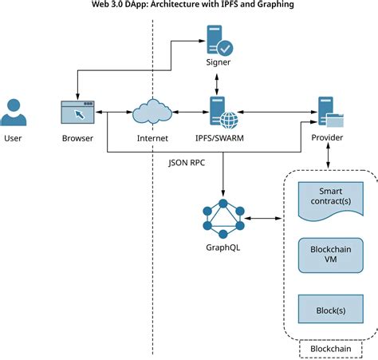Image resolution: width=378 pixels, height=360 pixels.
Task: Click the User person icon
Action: click(x=14, y=113)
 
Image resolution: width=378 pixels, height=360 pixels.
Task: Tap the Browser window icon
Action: click(x=77, y=113)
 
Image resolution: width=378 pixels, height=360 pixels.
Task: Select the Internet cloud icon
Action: click(x=152, y=113)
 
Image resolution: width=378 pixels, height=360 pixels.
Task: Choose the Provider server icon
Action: click(x=329, y=113)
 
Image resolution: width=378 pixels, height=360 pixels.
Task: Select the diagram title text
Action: click(x=189, y=6)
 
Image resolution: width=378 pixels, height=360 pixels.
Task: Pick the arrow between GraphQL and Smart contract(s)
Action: click(x=265, y=217)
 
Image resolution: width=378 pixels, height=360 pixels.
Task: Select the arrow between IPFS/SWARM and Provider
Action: click(x=275, y=113)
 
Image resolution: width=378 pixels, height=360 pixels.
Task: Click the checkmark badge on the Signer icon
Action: click(x=226, y=47)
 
